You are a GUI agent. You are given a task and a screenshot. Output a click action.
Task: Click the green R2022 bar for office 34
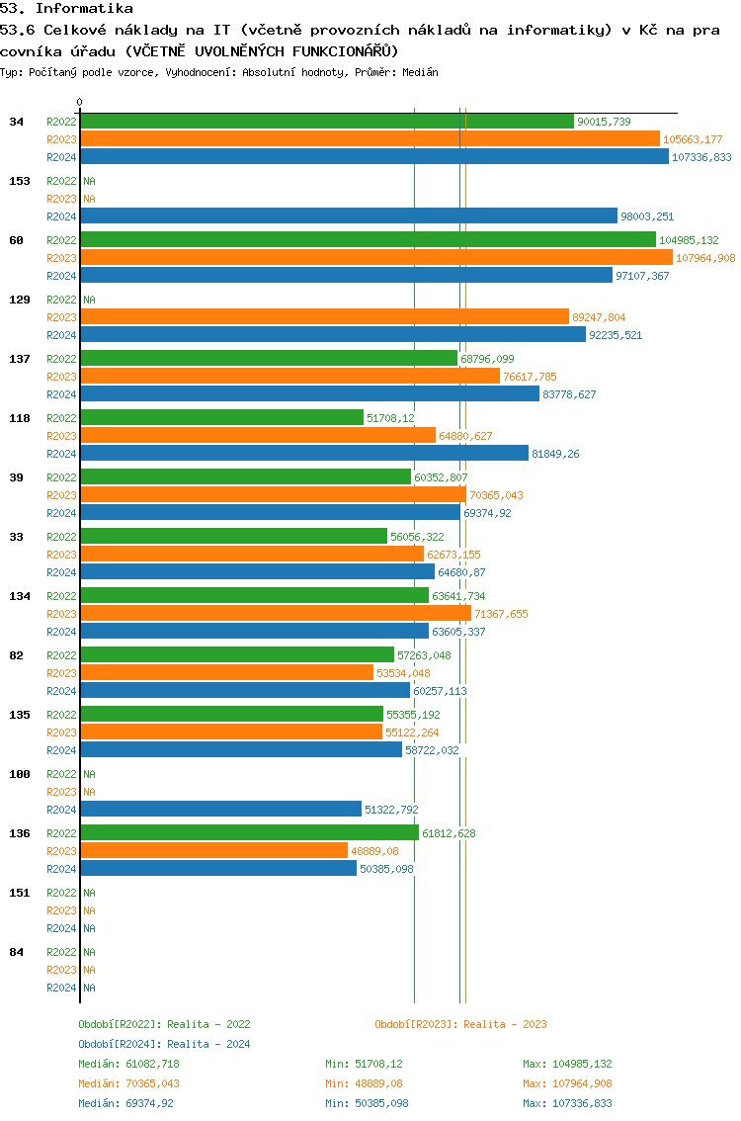pyautogui.click(x=326, y=122)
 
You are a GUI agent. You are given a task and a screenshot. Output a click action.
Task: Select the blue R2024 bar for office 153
pyautogui.click(x=348, y=216)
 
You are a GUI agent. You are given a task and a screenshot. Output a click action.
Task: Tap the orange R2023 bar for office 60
pyautogui.click(x=375, y=258)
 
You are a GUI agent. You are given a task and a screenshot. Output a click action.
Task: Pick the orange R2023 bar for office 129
pyautogui.click(x=324, y=317)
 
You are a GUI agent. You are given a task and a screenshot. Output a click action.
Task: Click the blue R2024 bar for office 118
pyautogui.click(x=303, y=454)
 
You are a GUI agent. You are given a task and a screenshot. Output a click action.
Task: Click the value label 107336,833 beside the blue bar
pyautogui.click(x=701, y=157)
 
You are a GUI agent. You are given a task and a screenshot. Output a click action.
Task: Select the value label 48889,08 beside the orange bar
pyautogui.click(x=374, y=851)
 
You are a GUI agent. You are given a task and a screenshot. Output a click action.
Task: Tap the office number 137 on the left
pyautogui.click(x=19, y=359)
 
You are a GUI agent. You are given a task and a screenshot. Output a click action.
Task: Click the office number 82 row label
pyautogui.click(x=16, y=655)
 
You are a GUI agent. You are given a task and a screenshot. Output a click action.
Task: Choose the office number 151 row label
pyautogui.click(x=19, y=893)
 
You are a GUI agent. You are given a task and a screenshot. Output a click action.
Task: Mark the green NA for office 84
pyautogui.click(x=89, y=952)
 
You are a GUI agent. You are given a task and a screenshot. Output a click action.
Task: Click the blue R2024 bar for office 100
pyautogui.click(x=220, y=810)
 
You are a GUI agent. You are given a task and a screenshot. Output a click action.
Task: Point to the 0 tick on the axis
pyautogui.click(x=80, y=102)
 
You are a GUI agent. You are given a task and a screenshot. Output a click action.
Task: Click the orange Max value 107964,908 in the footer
pyautogui.click(x=568, y=1083)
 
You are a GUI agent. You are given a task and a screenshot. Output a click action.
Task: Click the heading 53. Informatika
pyautogui.click(x=66, y=8)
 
